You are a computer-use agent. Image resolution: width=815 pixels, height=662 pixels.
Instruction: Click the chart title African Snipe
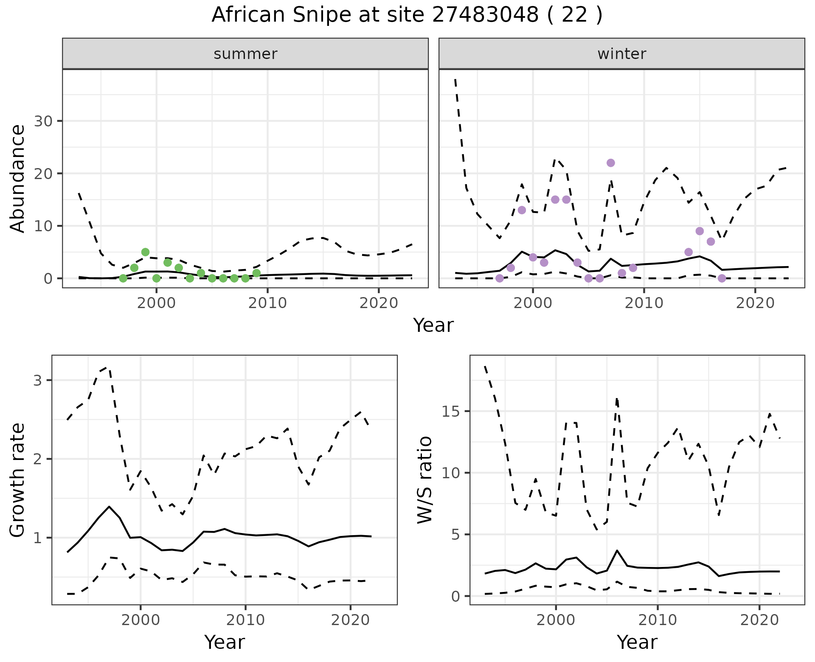(407, 15)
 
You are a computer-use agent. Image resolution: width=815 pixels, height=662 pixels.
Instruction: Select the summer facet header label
(245, 54)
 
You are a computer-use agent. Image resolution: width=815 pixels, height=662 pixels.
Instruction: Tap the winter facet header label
(621, 54)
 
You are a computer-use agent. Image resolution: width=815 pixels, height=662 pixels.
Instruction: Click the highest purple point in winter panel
(611, 163)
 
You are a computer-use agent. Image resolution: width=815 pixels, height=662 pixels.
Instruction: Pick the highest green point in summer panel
(145, 252)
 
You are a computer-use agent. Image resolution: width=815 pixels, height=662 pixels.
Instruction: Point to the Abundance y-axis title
(18, 178)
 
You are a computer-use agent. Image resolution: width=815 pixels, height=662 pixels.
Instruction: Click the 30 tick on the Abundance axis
(43, 121)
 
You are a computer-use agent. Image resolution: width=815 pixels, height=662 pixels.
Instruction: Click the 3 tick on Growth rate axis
(38, 380)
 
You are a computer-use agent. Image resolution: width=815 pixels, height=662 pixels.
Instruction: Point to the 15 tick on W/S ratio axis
(452, 412)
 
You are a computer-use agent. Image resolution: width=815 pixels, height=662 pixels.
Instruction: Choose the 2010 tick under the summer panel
(267, 303)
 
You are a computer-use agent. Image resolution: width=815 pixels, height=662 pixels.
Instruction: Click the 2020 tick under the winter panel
(755, 303)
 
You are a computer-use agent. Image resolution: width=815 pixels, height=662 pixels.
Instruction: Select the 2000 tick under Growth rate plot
(141, 620)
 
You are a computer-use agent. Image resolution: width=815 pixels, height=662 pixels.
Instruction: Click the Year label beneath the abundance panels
(433, 325)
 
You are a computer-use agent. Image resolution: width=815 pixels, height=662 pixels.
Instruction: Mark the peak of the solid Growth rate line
(109, 507)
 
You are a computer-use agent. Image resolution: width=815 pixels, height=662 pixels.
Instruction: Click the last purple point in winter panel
(722, 278)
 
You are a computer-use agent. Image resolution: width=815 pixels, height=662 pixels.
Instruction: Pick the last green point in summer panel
(256, 273)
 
